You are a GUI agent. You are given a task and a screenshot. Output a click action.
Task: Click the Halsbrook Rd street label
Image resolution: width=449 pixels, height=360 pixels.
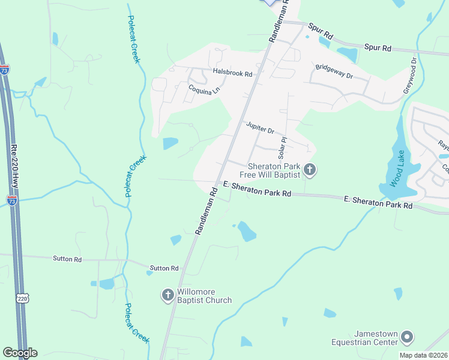233,72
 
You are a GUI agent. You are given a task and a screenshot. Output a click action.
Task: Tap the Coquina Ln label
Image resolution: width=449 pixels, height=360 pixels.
203,89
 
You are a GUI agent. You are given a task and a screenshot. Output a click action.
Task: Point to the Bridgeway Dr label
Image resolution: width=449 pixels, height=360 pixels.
334,72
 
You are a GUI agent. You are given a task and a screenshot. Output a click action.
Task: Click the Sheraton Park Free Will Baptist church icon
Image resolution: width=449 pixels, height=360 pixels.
310,170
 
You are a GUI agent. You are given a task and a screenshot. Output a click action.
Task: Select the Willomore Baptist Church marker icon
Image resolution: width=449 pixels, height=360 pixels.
167,295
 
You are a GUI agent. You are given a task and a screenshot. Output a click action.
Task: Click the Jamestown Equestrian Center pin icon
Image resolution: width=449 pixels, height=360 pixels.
407,336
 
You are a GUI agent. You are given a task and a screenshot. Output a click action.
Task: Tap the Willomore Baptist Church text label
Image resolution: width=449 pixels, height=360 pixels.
203,295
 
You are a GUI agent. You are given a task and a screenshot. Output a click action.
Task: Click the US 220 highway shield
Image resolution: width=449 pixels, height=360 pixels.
22,298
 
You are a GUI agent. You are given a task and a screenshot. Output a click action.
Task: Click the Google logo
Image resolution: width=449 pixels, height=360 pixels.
20,352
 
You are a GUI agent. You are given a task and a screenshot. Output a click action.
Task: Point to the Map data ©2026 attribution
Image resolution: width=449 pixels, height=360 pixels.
423,355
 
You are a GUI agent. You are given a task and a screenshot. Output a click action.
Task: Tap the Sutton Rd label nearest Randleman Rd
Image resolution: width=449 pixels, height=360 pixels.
164,268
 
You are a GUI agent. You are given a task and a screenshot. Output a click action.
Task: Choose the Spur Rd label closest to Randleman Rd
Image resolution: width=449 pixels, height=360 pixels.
320,31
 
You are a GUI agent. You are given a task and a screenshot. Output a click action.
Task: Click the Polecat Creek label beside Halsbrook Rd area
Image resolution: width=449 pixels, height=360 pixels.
133,39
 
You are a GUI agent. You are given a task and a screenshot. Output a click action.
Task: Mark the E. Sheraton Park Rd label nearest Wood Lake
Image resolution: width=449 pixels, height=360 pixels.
378,201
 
